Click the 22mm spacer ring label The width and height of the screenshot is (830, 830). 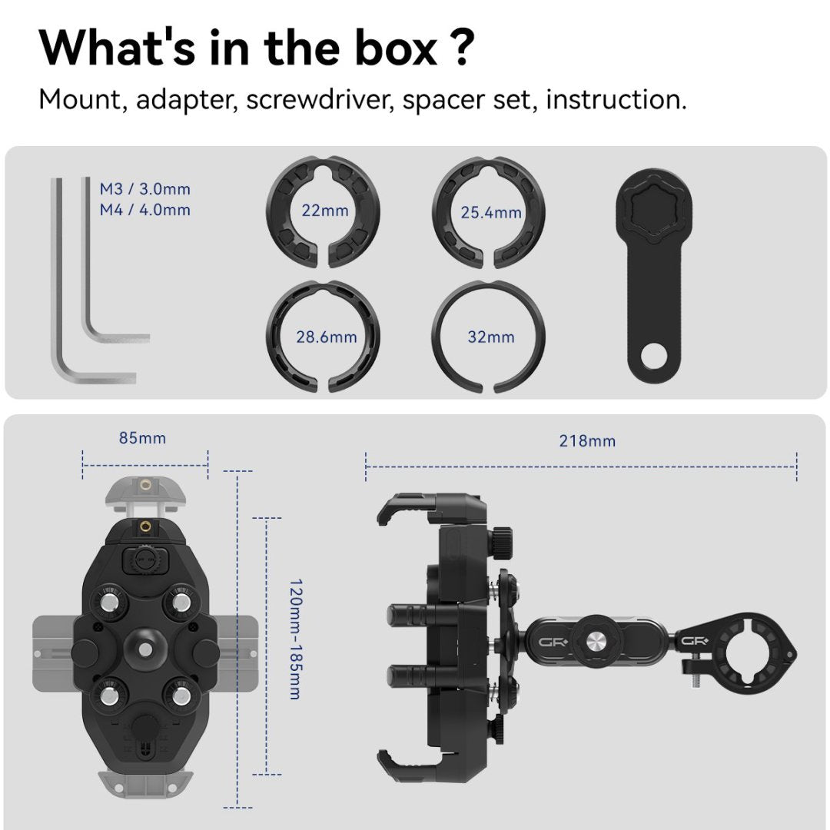pos(325,211)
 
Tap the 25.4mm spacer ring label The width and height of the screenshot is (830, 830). pos(491,213)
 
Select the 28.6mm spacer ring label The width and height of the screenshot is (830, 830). pos(327,337)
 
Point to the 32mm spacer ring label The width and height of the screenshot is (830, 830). pos(491,337)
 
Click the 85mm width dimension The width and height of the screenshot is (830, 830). pos(142,438)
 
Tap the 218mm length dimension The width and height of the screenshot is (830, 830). pos(588,441)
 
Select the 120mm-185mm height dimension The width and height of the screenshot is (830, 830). pos(296,639)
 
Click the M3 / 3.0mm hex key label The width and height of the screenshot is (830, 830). pos(145,189)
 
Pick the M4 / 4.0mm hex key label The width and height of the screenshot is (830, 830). pos(145,210)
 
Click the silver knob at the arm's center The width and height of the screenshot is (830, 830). pos(594,642)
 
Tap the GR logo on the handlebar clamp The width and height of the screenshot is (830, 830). pos(695,642)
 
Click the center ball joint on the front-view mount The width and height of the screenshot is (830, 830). pos(144,646)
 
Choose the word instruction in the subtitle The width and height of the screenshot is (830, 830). pos(616,99)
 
